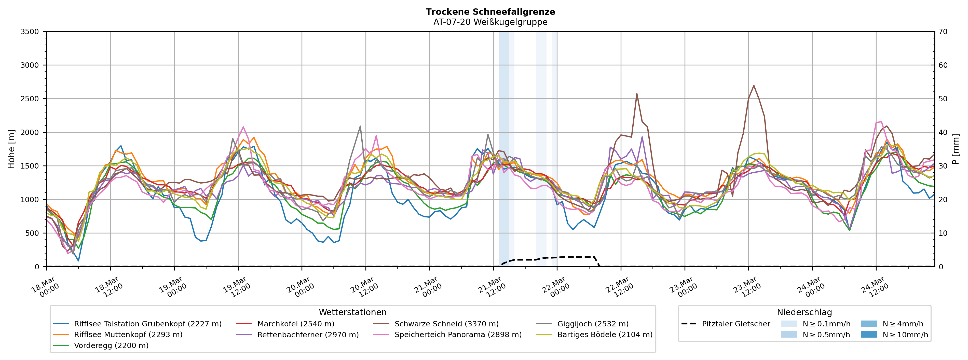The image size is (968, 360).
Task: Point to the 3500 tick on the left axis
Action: [x=30, y=32]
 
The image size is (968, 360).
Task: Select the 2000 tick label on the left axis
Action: [x=30, y=132]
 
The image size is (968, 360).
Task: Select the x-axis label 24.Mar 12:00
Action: [x=874, y=287]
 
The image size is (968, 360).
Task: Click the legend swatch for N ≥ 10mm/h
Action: [x=868, y=335]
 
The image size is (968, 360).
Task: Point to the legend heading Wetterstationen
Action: [x=352, y=312]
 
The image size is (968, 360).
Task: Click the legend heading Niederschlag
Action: [x=804, y=312]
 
